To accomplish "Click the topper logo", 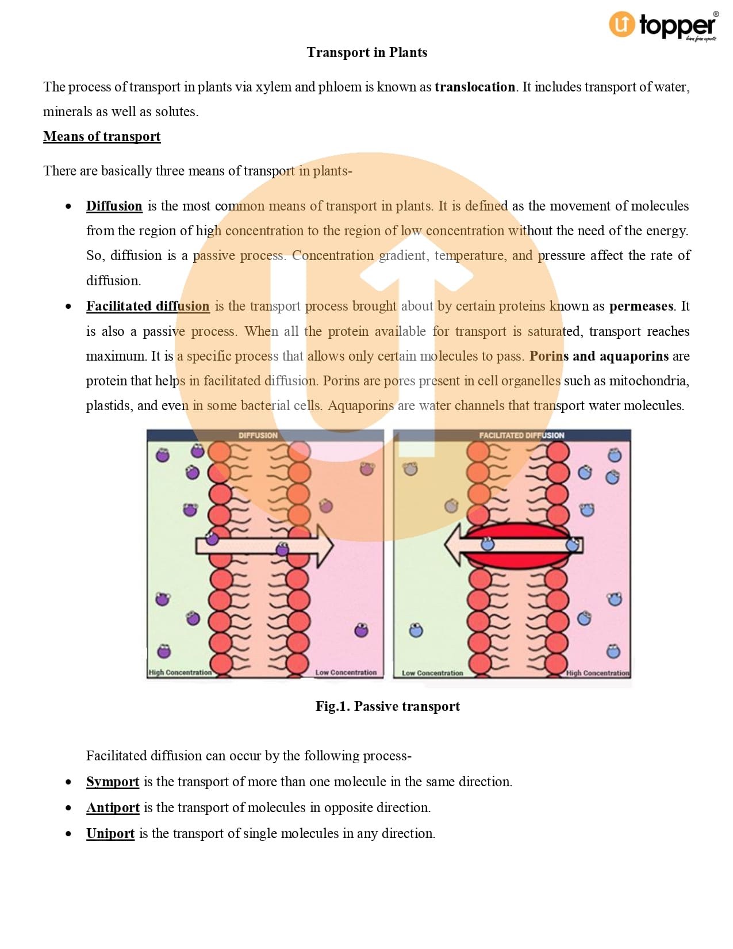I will [x=663, y=26].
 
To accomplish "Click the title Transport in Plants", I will [x=367, y=52].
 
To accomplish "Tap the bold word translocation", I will [x=474, y=87].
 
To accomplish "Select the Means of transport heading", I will [x=102, y=136].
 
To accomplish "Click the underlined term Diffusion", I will [x=114, y=206].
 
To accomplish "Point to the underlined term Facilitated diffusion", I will [x=148, y=306].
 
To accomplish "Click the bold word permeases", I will [x=641, y=306].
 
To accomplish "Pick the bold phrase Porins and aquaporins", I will [x=599, y=356].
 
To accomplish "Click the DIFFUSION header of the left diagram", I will [x=258, y=435].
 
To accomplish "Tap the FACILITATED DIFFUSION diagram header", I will [x=521, y=435].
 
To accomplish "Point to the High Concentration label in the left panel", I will [x=180, y=672].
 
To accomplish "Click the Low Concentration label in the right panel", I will [x=432, y=673].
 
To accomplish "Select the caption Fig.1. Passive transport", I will [x=387, y=706].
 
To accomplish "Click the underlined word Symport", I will [x=113, y=782].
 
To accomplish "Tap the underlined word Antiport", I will [x=113, y=808].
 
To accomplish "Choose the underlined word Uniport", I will [x=110, y=833].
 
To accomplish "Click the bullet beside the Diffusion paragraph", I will [x=68, y=206].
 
